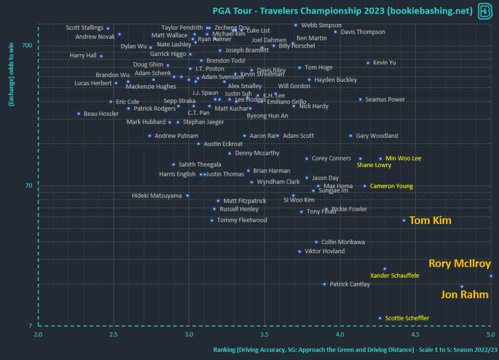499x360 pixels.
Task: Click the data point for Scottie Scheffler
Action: [380, 318]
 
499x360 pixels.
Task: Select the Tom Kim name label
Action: [430, 221]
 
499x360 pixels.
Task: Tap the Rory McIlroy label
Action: [460, 264]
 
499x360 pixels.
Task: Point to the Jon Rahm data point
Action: [462, 286]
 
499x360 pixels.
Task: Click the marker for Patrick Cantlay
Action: [325, 284]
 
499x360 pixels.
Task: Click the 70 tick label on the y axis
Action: [28, 186]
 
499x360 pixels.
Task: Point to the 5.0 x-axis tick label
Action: [491, 334]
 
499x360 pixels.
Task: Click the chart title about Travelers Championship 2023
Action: [343, 11]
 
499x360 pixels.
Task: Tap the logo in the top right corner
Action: [485, 11]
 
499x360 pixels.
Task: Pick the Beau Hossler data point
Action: [78, 114]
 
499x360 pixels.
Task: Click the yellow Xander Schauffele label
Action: [395, 276]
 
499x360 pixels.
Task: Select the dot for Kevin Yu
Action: [368, 63]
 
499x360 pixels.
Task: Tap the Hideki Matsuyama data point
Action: [187, 195]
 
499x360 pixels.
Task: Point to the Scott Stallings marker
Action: [108, 28]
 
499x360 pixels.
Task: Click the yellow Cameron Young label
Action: [391, 186]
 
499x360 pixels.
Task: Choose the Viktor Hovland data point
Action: [299, 251]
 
